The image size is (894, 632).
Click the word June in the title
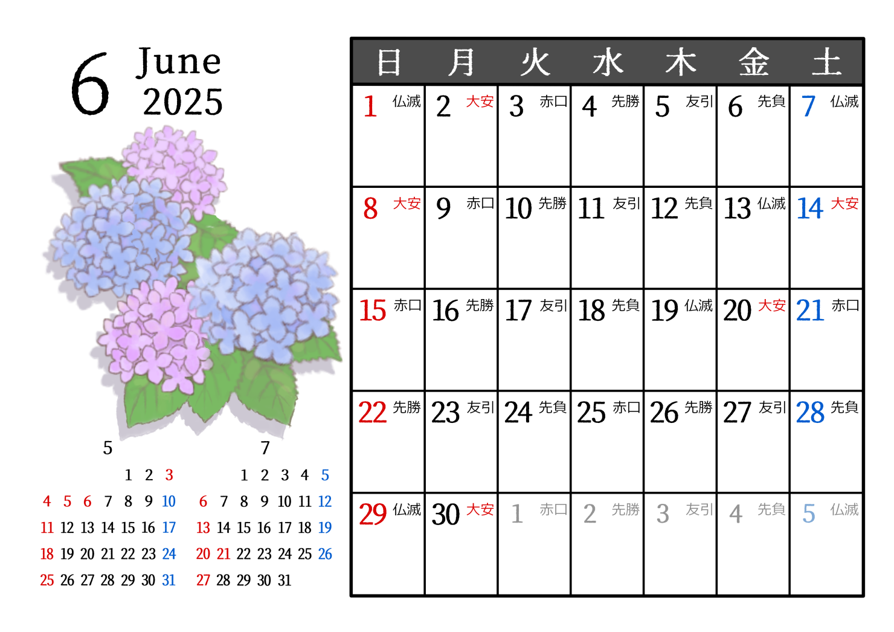pyautogui.click(x=178, y=62)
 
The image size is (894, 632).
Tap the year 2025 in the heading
pyautogui.click(x=183, y=102)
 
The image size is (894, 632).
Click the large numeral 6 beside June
pyautogui.click(x=90, y=84)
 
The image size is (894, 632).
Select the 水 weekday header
pyautogui.click(x=608, y=62)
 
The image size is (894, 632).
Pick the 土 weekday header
pyautogui.click(x=826, y=62)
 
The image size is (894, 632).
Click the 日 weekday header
pyautogui.click(x=389, y=62)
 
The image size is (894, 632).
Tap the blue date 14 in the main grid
pyautogui.click(x=809, y=209)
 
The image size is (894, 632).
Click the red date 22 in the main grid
pyautogui.click(x=372, y=413)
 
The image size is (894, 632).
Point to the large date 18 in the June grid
pyautogui.click(x=591, y=311)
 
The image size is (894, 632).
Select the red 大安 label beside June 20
pyautogui.click(x=771, y=306)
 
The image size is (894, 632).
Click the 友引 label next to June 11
pyautogui.click(x=626, y=204)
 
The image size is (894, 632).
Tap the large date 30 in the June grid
pyautogui.click(x=446, y=514)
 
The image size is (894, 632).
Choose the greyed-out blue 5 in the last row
pyautogui.click(x=809, y=514)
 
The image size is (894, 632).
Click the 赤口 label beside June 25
pyautogui.click(x=626, y=408)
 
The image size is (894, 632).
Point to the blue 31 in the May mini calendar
pyautogui.click(x=169, y=580)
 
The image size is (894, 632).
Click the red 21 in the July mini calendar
pyautogui.click(x=224, y=553)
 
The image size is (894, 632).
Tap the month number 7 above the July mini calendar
pyautogui.click(x=265, y=448)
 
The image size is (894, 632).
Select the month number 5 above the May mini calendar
pyautogui.click(x=108, y=448)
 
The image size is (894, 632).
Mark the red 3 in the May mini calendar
pyautogui.click(x=169, y=475)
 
